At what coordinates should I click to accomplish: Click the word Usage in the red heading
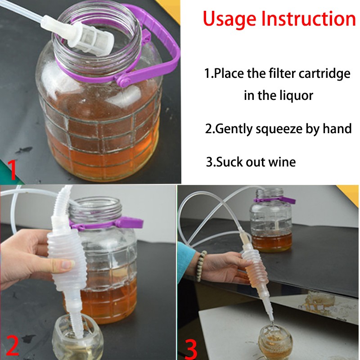click(x=229, y=19)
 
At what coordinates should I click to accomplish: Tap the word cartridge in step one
click(x=324, y=74)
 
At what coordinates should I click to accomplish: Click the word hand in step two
click(x=337, y=128)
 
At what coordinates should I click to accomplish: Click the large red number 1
click(x=12, y=170)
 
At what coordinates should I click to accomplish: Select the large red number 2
click(x=12, y=345)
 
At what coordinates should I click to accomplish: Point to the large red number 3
click(x=191, y=349)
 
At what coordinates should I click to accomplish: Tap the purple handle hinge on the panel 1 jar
click(x=122, y=81)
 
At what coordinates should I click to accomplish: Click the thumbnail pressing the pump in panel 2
click(x=67, y=265)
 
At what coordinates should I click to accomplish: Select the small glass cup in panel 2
click(x=76, y=338)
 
